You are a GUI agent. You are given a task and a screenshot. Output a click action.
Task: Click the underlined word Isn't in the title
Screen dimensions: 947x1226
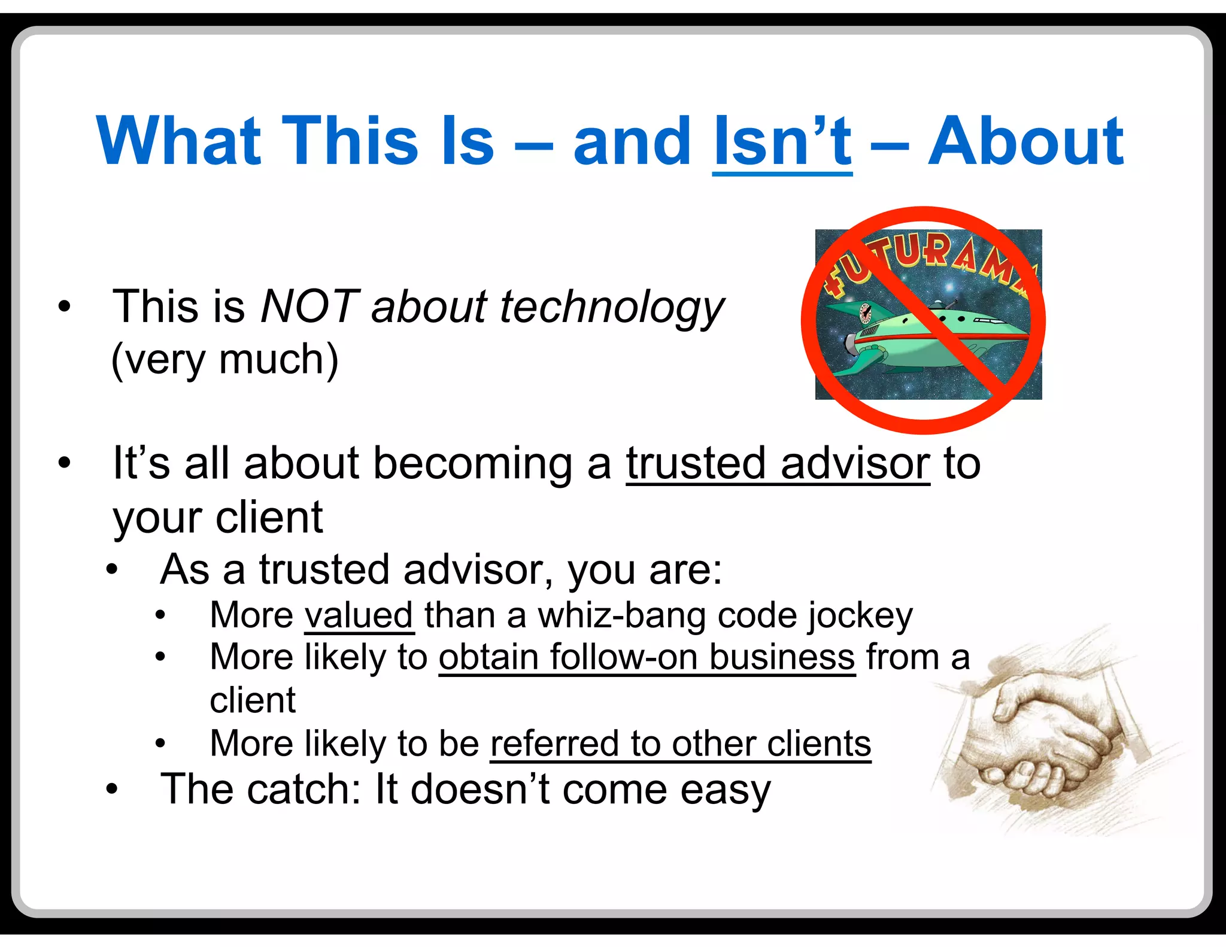point(782,142)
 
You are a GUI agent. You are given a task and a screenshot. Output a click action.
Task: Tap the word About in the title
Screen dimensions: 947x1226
point(1025,142)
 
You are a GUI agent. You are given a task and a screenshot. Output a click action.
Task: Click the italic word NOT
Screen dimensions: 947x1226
point(309,307)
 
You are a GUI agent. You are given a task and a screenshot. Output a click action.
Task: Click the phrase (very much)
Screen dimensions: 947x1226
point(225,360)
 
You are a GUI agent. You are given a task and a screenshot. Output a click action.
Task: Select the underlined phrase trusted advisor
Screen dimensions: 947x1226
point(778,464)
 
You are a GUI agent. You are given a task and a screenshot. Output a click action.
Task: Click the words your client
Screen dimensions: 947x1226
point(218,518)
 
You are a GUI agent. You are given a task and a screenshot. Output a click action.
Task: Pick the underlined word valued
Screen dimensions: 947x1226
point(359,615)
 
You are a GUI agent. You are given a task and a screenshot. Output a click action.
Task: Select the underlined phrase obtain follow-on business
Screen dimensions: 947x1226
point(647,658)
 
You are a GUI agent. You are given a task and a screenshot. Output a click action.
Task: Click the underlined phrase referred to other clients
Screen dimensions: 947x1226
point(680,744)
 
